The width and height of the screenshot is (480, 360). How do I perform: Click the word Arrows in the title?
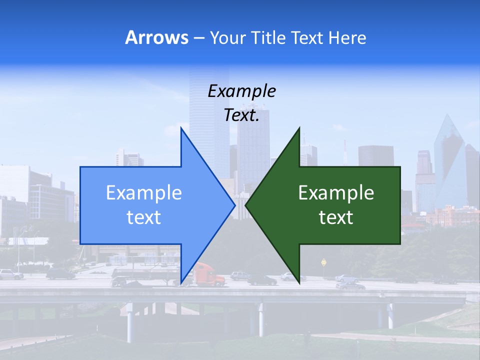pos(156,37)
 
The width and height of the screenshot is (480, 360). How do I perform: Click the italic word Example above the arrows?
pos(241,91)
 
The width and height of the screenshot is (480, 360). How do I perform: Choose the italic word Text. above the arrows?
pos(241,115)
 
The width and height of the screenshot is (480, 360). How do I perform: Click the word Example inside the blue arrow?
pos(144,192)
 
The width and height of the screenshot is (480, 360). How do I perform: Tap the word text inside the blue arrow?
pos(144,217)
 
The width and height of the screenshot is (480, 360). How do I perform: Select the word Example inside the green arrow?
pos(336,192)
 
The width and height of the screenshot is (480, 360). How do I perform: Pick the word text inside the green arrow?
pos(336,217)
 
